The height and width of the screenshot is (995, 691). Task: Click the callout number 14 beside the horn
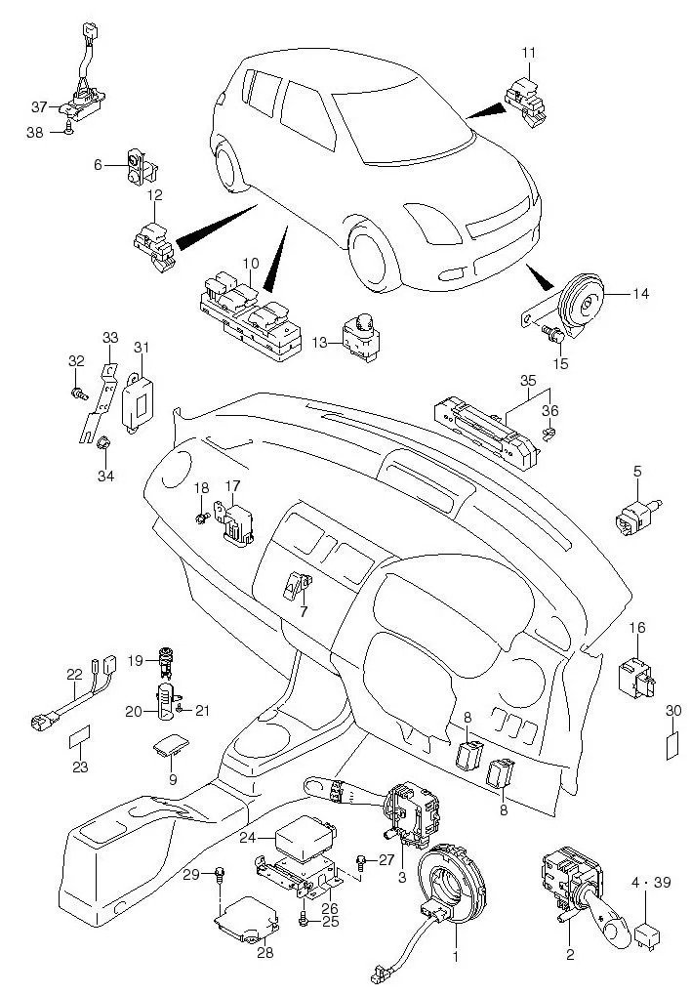640,293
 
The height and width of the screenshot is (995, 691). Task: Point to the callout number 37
39,106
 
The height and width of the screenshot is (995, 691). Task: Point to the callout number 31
142,348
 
